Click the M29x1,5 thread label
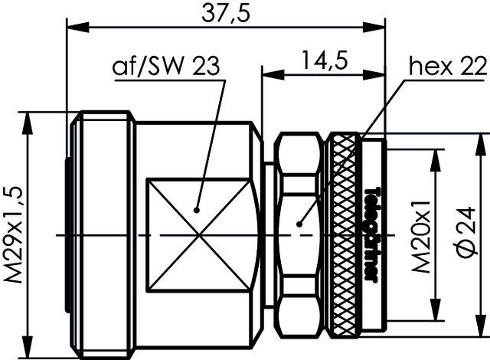coord(14,234)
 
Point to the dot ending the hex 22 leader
coord(299,224)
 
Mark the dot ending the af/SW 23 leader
coord(198,208)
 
